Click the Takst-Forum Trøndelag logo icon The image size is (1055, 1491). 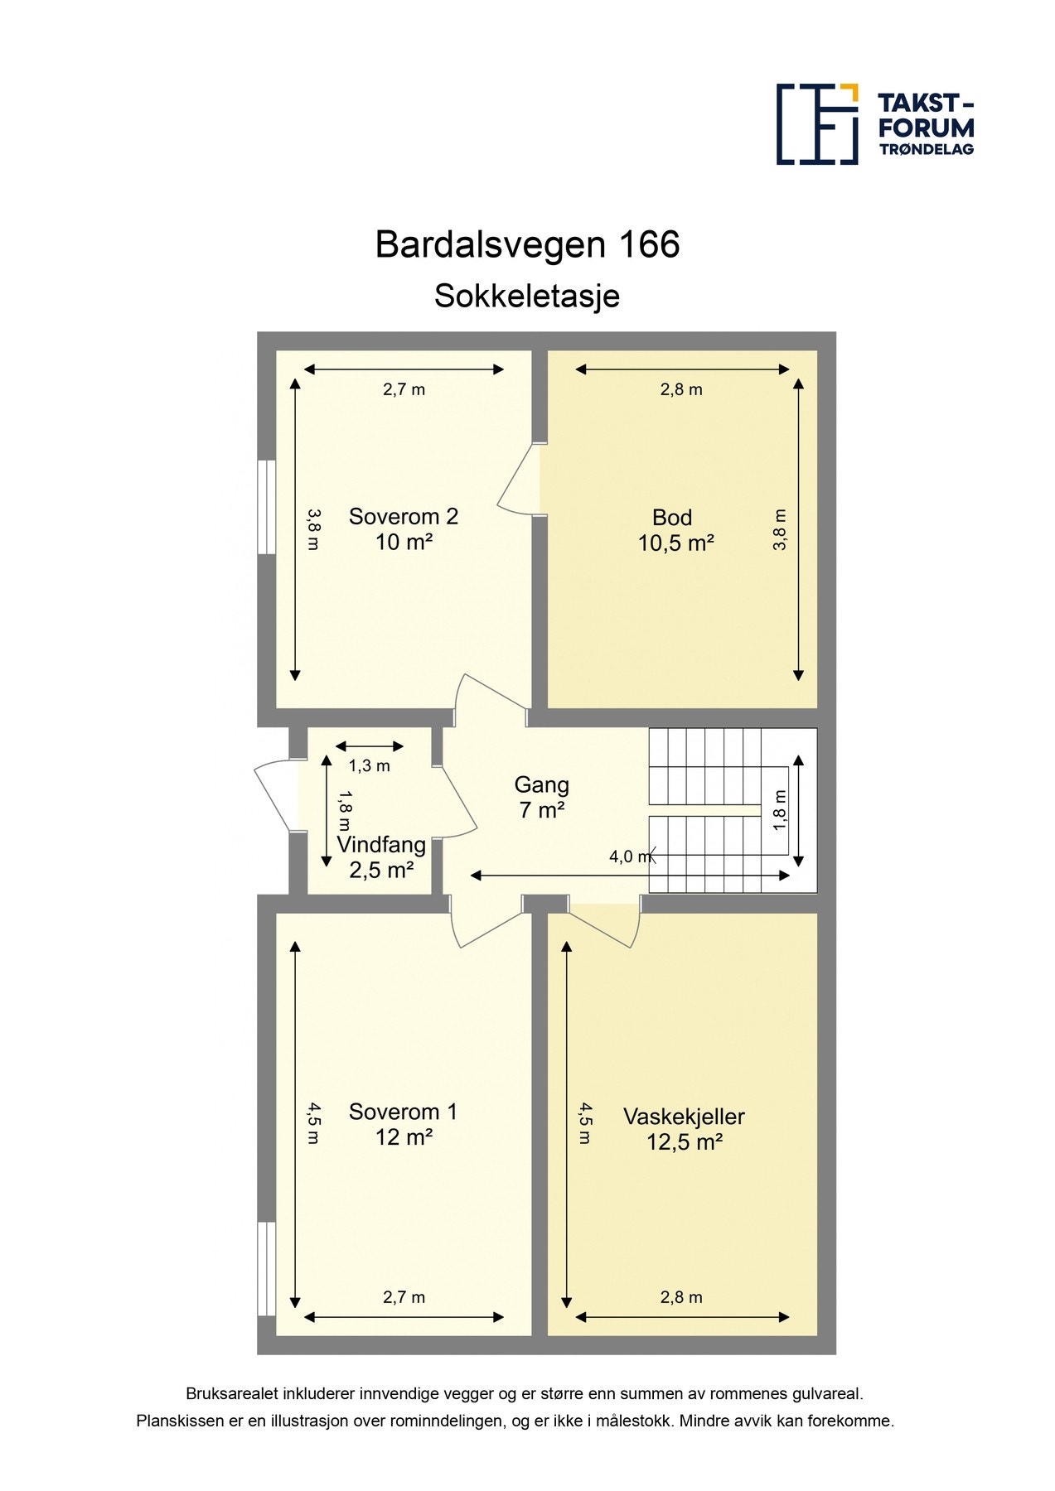click(816, 123)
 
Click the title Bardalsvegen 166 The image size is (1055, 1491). click(527, 244)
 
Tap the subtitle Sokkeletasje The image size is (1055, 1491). click(527, 296)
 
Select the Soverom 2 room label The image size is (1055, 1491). click(404, 528)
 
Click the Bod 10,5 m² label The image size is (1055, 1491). click(675, 530)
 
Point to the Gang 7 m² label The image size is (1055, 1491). click(542, 797)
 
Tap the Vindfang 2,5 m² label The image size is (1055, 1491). click(381, 857)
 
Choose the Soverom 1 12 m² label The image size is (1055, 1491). click(404, 1124)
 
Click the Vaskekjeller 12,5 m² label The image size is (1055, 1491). click(684, 1129)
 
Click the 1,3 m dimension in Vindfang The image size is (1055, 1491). click(369, 766)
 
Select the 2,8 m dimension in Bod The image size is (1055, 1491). click(681, 389)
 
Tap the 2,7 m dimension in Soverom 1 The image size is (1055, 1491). click(404, 1298)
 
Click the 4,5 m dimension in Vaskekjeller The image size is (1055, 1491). click(585, 1123)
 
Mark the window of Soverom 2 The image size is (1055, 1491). click(266, 507)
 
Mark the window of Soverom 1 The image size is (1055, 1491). click(266, 1268)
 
